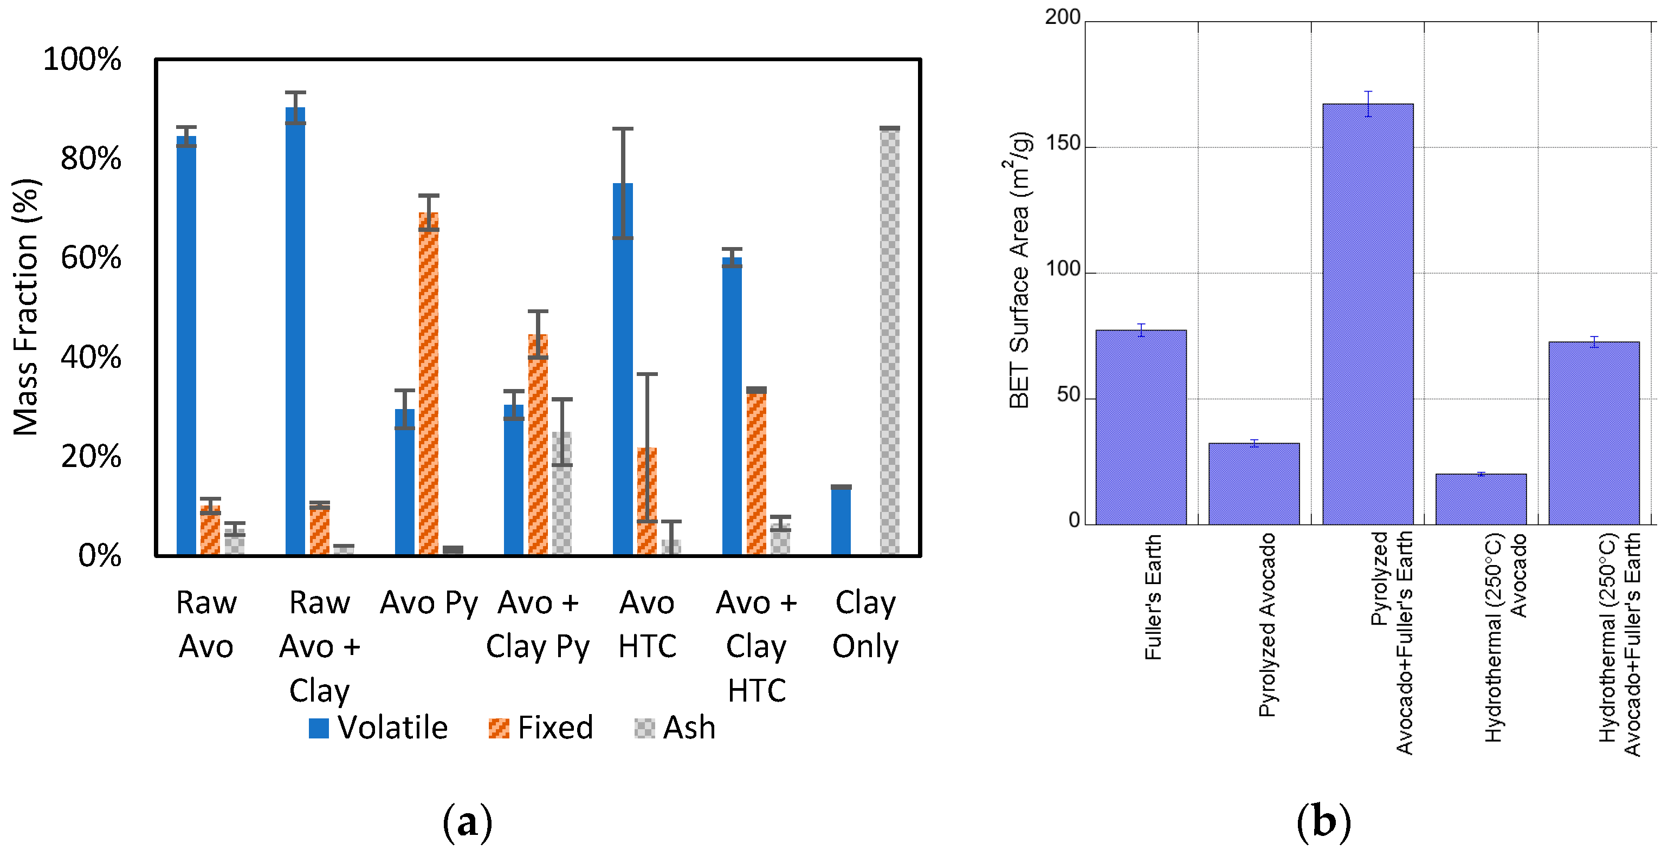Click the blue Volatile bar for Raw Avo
pos(186,343)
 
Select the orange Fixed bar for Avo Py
pos(429,382)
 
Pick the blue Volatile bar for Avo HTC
pos(623,369)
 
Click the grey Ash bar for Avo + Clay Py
pos(562,492)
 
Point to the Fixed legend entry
pos(541,727)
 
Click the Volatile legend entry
pos(379,727)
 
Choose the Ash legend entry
pos(675,727)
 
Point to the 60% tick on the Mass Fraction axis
pos(90,258)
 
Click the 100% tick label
pos(82,59)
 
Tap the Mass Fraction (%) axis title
pos(26,308)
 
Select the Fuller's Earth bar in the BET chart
pos(1141,427)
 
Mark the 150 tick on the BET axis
pos(1063,143)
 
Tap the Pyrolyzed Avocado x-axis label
pos(1266,625)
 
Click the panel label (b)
pos(1323,822)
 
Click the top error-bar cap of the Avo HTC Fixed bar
pos(647,374)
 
